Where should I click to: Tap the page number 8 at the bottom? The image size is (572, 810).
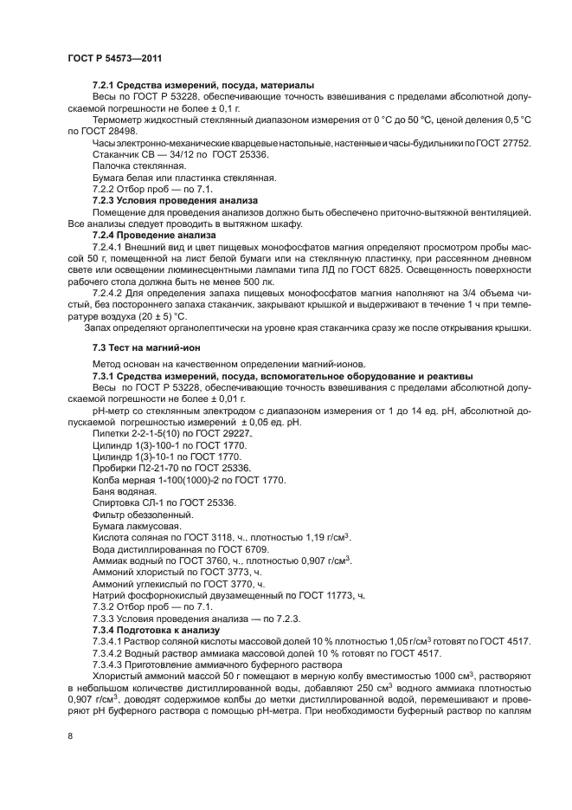coord(70,736)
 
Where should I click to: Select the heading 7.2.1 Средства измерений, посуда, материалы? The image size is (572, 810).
coord(202,85)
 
